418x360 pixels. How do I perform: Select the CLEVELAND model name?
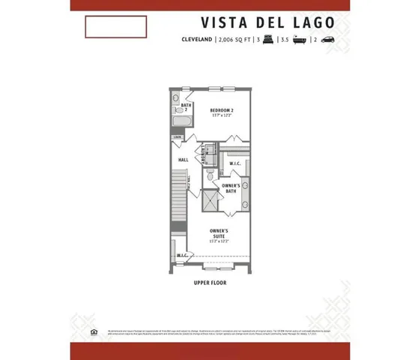(197, 40)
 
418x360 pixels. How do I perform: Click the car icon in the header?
(329, 40)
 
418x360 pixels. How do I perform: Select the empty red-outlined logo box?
(115, 27)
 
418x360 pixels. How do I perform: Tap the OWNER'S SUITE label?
(218, 234)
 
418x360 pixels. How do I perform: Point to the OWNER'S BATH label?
(231, 187)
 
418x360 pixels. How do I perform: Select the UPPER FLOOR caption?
(209, 283)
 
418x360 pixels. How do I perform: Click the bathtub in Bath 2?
(182, 122)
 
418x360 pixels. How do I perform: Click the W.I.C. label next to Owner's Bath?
(234, 163)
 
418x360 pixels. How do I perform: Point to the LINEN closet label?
(178, 137)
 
